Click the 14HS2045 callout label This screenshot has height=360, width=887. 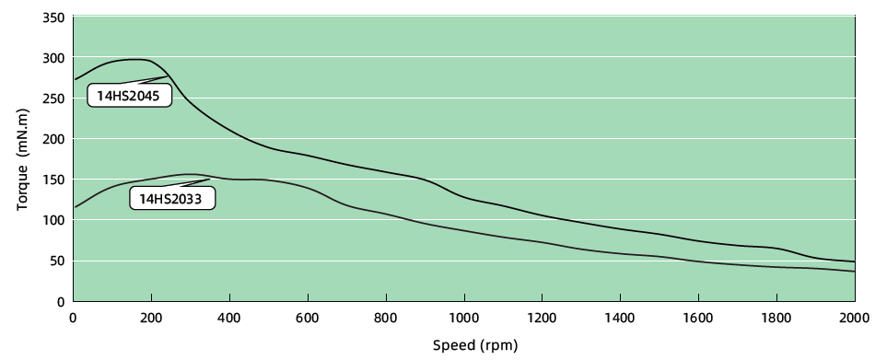(x=129, y=95)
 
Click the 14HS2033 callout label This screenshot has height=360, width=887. (x=171, y=198)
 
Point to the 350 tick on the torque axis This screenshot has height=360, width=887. (x=55, y=18)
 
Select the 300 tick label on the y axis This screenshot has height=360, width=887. (x=55, y=58)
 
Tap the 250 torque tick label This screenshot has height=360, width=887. (x=55, y=99)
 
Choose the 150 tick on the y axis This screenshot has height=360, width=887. (x=55, y=180)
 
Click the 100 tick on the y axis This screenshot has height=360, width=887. (x=55, y=220)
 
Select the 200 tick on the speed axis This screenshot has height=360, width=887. (x=151, y=319)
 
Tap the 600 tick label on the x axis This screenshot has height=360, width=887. (x=308, y=319)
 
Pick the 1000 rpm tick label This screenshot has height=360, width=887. (x=464, y=319)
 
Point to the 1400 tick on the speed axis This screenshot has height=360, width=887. (x=621, y=319)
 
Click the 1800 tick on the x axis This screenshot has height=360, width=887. (x=776, y=319)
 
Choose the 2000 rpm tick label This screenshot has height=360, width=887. (x=855, y=319)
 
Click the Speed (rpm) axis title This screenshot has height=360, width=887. (x=475, y=346)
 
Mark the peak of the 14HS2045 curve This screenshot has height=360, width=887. (x=138, y=60)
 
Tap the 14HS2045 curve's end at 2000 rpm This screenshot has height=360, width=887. (x=855, y=261)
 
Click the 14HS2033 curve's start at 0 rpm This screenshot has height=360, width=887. (x=75, y=207)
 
